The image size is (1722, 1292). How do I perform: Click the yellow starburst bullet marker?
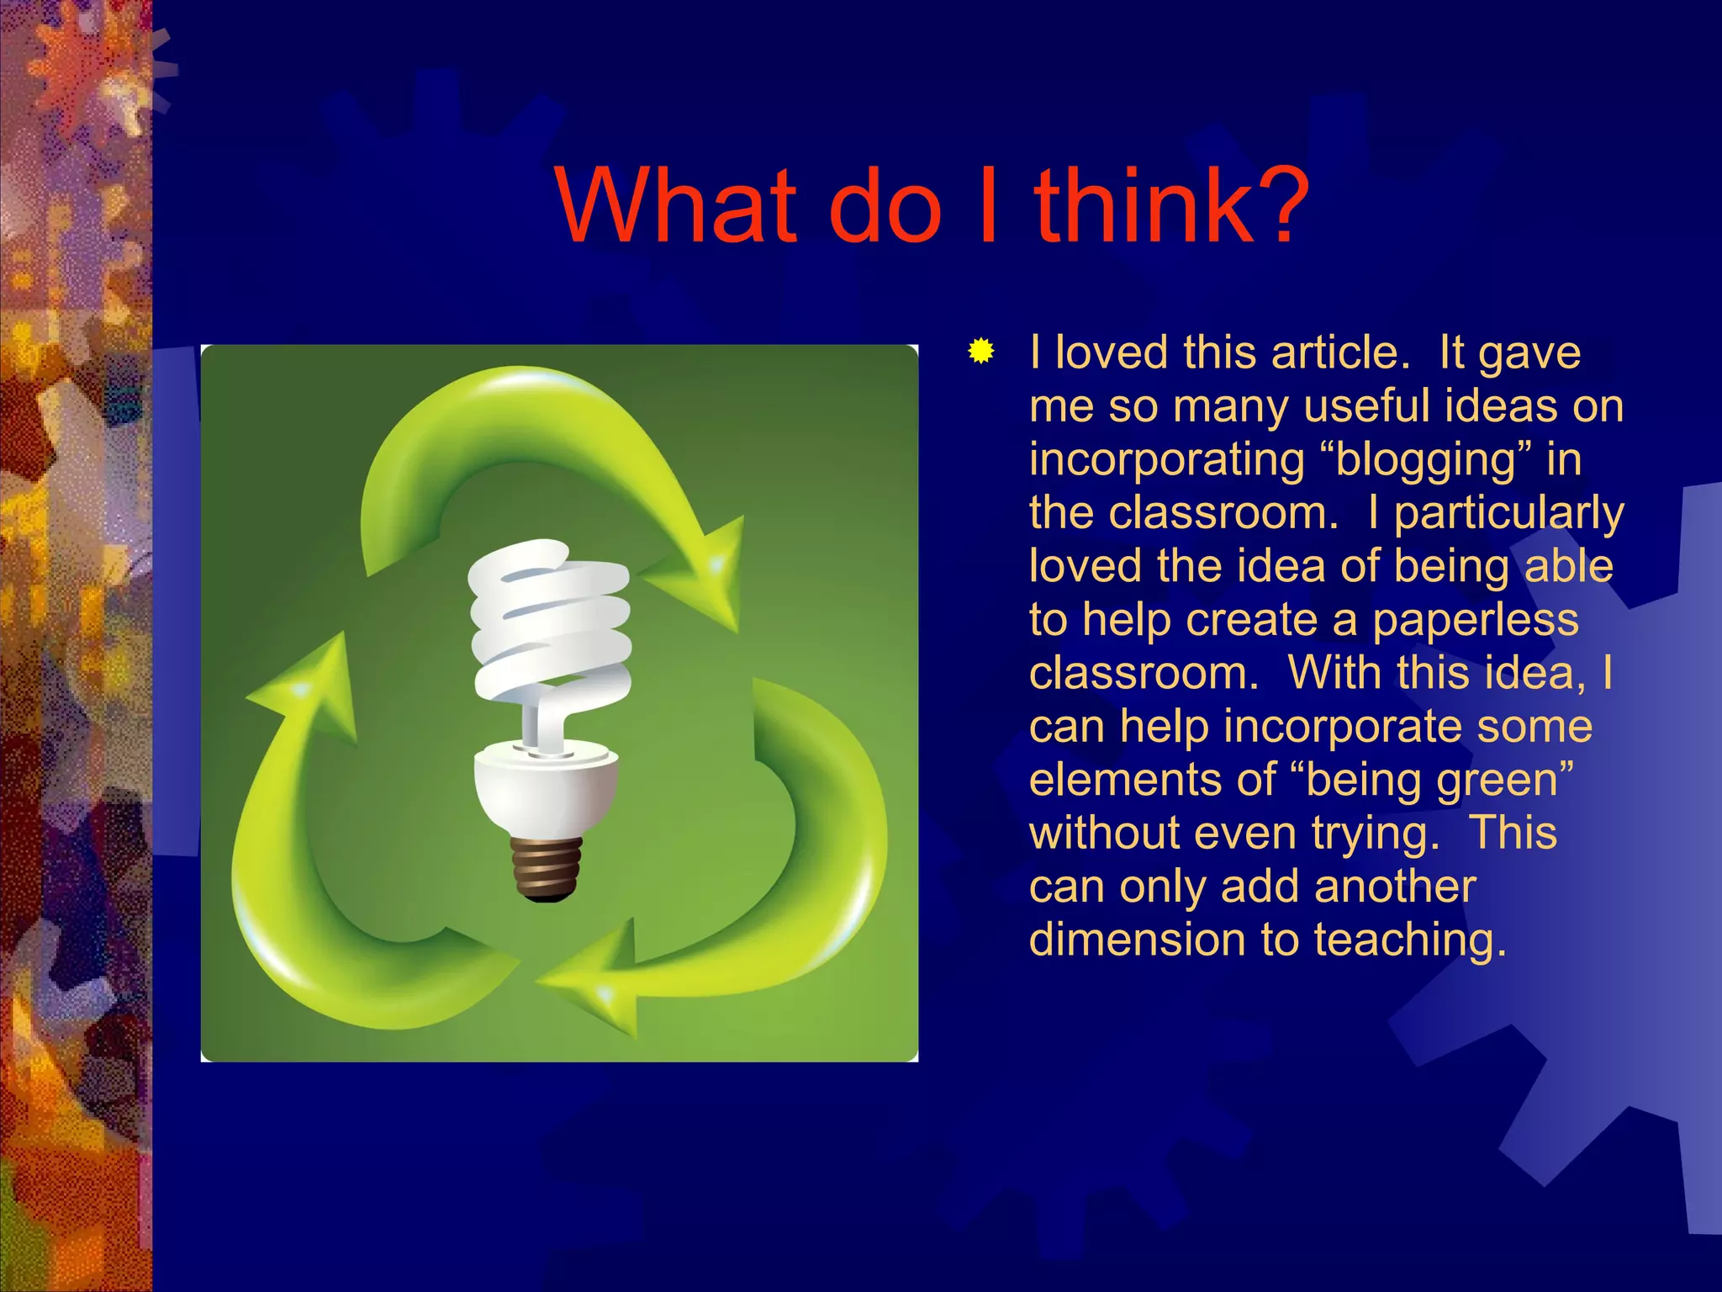pos(980,351)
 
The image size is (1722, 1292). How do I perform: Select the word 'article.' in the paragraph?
pos(1340,352)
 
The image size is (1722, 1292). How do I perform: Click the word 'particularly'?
pos(1508,513)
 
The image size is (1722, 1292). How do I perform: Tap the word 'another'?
pos(1394,887)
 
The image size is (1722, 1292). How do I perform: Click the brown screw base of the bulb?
pos(547,868)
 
